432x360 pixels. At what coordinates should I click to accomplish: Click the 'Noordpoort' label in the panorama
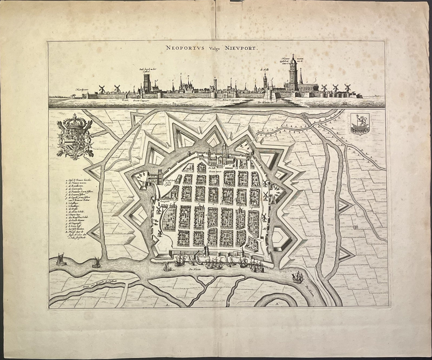pyautogui.click(x=83, y=89)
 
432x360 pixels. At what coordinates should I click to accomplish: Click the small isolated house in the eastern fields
pyautogui.click(x=355, y=227)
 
